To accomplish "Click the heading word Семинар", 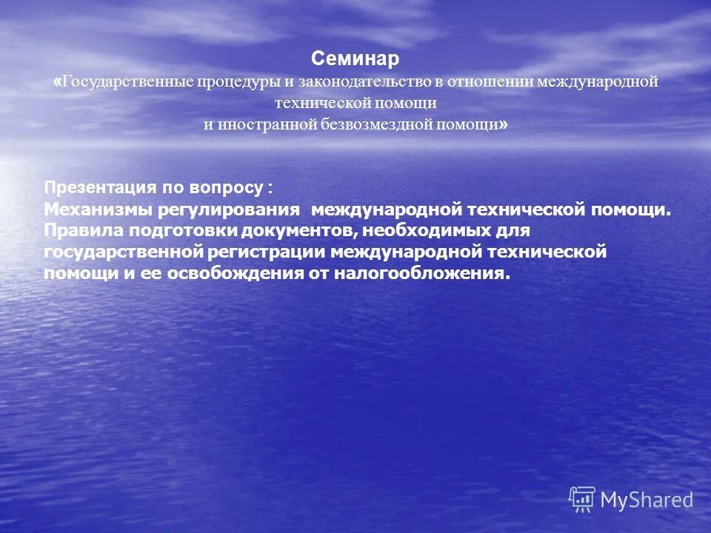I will click(355, 58).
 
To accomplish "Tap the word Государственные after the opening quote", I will click(127, 81).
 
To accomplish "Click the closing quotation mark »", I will click(504, 124).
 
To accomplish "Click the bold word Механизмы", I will click(88, 209).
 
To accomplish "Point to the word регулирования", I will click(244, 209).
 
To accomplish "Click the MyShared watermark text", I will click(647, 500).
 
